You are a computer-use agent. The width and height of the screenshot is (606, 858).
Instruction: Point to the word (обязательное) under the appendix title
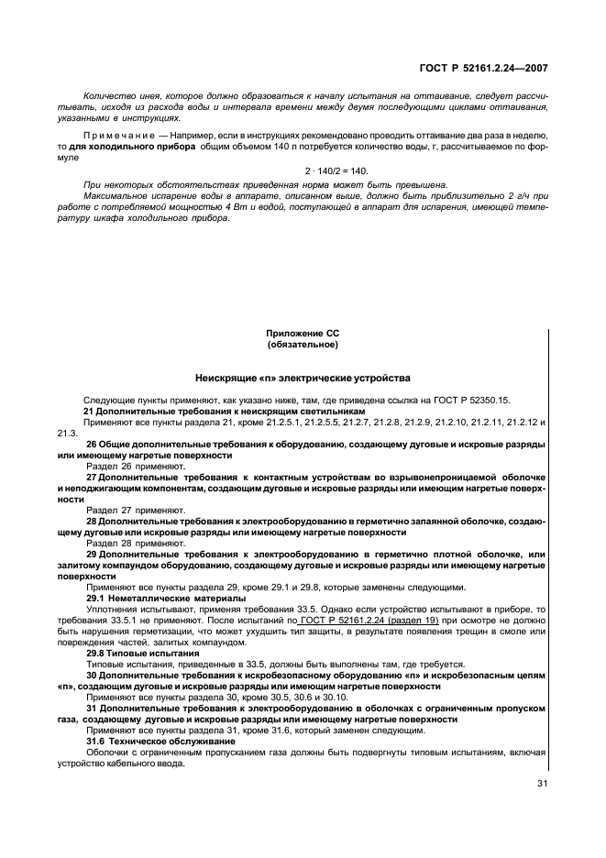click(303, 346)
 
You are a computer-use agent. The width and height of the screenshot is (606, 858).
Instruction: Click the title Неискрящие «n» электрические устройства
click(303, 378)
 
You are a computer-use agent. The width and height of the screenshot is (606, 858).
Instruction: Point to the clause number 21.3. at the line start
click(67, 433)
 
